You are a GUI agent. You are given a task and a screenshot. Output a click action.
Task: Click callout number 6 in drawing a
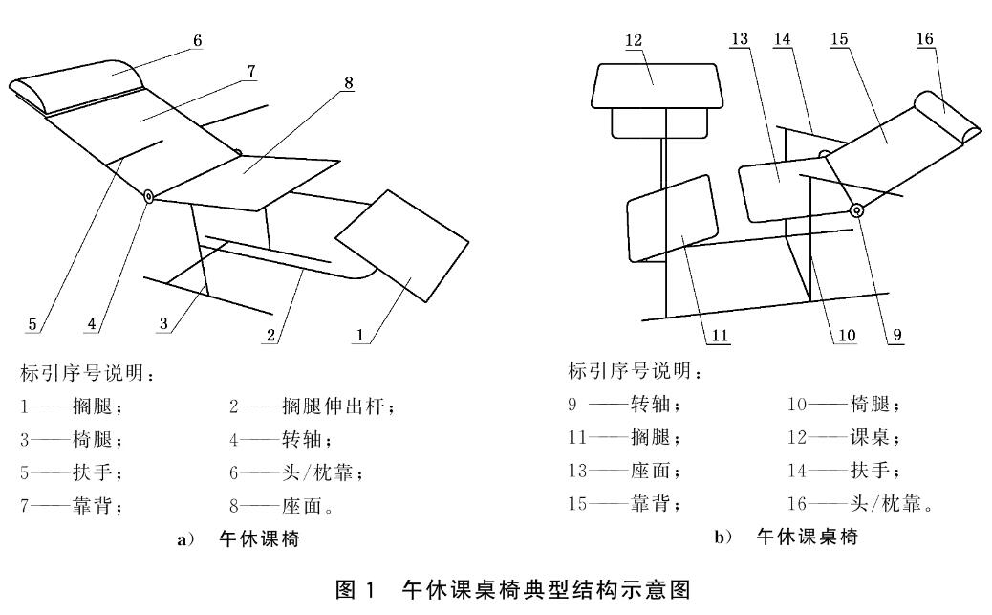(x=196, y=40)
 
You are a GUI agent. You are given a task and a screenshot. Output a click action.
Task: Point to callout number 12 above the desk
(x=635, y=40)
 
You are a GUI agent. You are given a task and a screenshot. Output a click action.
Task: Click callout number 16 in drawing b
(x=925, y=38)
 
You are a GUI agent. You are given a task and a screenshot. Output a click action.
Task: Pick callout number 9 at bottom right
(x=895, y=335)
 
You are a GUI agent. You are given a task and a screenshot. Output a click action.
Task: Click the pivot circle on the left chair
(x=151, y=196)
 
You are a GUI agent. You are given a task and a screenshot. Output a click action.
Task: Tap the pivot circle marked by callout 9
(x=856, y=210)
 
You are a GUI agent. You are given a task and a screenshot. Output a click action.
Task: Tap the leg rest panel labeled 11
(x=672, y=217)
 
